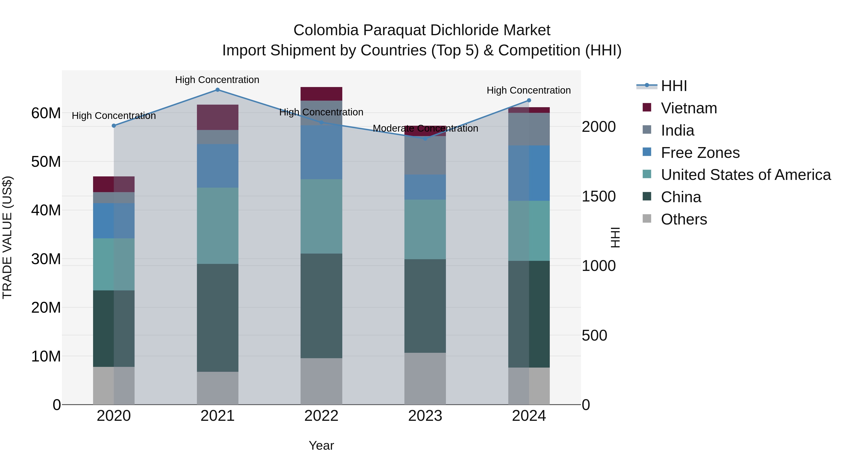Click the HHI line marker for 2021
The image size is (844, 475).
click(218, 90)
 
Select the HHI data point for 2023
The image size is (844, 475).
click(425, 139)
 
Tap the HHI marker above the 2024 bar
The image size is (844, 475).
click(529, 100)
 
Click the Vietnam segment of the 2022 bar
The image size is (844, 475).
click(321, 94)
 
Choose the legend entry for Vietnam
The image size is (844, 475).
click(689, 108)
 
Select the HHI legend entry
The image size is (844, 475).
click(674, 86)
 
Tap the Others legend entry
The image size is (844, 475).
click(684, 219)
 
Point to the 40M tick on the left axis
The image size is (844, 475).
click(46, 210)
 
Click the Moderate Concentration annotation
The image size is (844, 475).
click(425, 128)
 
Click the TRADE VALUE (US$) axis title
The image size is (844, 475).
click(7, 237)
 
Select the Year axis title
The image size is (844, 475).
click(321, 445)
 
